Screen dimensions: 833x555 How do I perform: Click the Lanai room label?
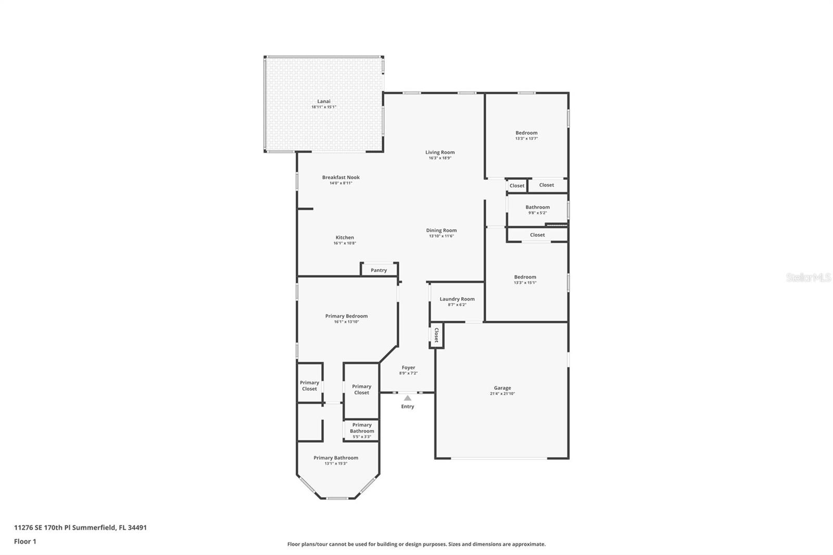(323, 101)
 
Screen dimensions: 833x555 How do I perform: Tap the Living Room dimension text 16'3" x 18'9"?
(440, 158)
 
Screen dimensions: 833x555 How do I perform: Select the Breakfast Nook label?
(340, 178)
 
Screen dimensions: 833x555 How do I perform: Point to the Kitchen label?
(345, 237)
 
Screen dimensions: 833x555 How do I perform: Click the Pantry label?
(378, 270)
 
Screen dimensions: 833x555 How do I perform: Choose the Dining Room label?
(441, 230)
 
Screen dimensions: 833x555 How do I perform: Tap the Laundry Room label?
(457, 299)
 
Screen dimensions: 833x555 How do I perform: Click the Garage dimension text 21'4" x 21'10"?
(502, 394)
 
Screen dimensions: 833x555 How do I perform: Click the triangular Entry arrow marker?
(408, 398)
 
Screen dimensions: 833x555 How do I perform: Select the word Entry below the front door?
(408, 407)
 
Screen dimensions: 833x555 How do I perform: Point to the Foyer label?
(408, 368)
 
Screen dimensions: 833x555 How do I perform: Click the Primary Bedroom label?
(346, 316)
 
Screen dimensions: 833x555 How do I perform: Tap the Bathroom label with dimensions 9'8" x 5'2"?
(537, 207)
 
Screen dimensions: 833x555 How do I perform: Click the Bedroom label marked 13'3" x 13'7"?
(526, 133)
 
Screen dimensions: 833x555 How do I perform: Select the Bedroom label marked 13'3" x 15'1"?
(525, 277)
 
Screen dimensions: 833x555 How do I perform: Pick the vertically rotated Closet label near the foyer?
(437, 335)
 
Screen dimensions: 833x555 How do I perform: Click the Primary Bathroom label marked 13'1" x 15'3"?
(336, 458)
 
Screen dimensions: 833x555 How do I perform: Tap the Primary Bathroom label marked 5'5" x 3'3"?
(362, 428)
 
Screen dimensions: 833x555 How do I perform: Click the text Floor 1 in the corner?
(26, 541)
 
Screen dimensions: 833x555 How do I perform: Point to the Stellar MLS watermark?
(809, 277)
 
